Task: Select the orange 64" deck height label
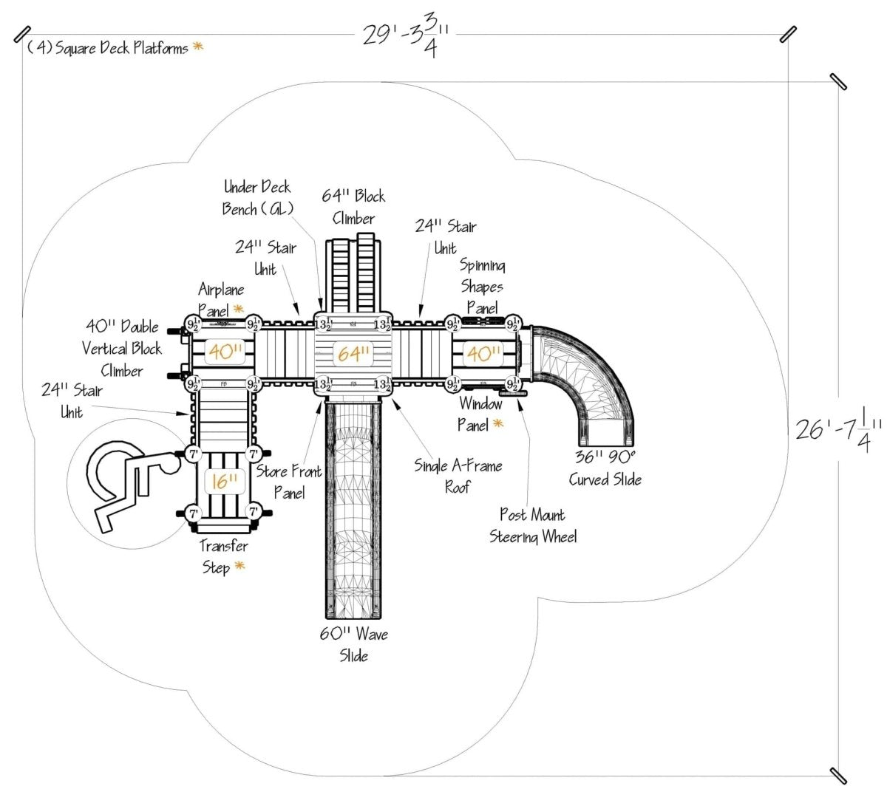tap(353, 354)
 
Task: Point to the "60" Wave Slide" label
tap(353, 645)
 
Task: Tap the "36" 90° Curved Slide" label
tap(605, 468)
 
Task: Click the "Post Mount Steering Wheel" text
tap(532, 525)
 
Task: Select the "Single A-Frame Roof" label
tap(458, 477)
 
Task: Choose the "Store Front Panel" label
tap(288, 482)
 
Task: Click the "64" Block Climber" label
tap(353, 207)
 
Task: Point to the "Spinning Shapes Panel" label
tap(482, 286)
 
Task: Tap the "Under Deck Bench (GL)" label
tap(256, 198)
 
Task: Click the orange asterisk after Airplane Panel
tap(238, 309)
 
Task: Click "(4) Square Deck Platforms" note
tap(107, 49)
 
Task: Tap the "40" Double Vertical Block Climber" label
tap(122, 348)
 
